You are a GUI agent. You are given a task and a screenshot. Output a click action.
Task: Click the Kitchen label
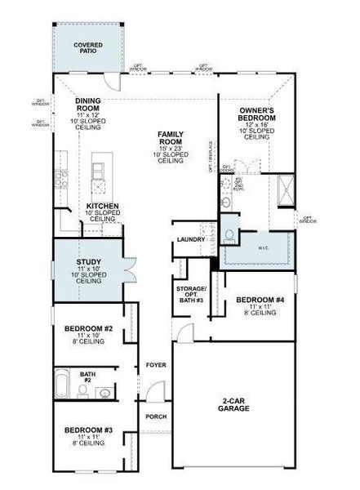(x=103, y=207)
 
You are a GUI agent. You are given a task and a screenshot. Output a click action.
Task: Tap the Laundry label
(x=190, y=239)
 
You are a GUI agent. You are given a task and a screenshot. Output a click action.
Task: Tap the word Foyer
(x=156, y=364)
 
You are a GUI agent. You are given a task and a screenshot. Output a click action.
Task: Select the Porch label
(x=156, y=416)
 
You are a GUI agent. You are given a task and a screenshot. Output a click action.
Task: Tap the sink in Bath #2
(x=104, y=393)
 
